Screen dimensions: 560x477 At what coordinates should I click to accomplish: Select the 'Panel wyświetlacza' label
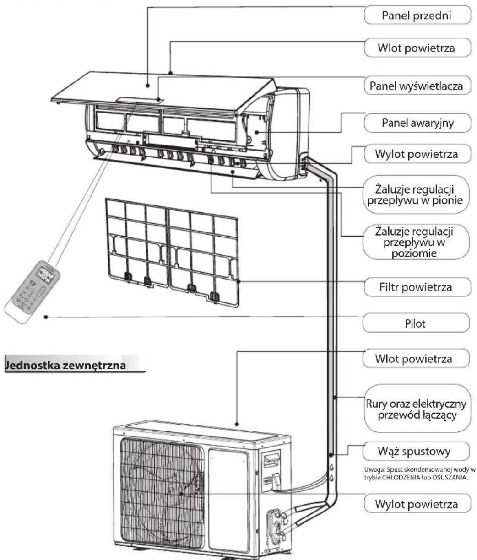click(416, 86)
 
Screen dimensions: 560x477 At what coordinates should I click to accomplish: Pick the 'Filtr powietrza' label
click(416, 287)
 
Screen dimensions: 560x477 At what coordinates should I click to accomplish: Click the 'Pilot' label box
click(416, 323)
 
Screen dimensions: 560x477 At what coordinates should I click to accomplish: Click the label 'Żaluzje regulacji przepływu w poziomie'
click(416, 241)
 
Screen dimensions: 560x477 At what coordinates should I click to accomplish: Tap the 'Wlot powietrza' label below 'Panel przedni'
click(416, 48)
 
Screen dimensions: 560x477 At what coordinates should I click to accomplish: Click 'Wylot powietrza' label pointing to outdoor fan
click(416, 505)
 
